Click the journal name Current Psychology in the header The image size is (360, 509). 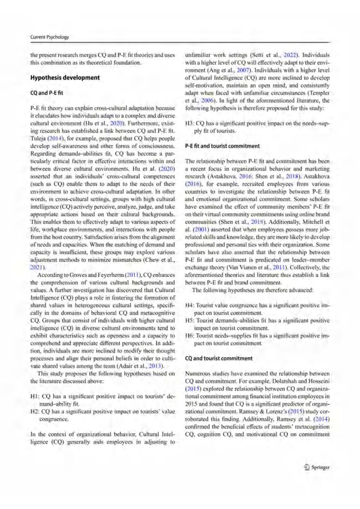[x=49, y=37]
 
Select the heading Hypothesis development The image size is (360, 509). [x=65, y=78]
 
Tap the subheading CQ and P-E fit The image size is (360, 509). [x=46, y=93]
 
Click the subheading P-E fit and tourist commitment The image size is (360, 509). [x=222, y=146]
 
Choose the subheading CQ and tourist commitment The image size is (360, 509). [x=219, y=358]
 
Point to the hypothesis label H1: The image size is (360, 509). [x=34, y=396]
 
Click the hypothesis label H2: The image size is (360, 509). [x=34, y=411]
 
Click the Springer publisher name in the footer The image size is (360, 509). [x=320, y=467]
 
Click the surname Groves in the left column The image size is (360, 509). [x=79, y=275]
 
